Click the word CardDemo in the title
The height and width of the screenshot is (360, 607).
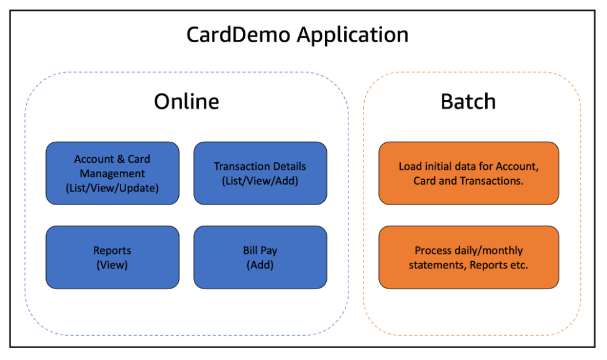click(239, 34)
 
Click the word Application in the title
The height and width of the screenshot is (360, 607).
click(352, 34)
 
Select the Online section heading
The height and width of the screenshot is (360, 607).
click(186, 101)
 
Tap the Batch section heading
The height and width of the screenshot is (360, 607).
click(468, 101)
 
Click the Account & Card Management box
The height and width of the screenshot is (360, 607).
click(112, 173)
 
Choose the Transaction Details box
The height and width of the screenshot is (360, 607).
click(260, 173)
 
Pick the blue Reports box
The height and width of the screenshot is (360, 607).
click(112, 257)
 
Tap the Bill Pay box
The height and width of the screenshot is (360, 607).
click(260, 257)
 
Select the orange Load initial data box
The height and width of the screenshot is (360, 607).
click(468, 173)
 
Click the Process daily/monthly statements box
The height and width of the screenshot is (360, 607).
click(468, 257)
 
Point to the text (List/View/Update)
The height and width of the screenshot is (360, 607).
click(112, 188)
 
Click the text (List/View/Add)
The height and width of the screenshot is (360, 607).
click(260, 181)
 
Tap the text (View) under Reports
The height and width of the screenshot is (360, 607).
click(112, 265)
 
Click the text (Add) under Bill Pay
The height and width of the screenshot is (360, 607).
click(260, 265)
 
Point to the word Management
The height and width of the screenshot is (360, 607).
click(112, 173)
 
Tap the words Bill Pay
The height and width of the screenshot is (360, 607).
click(260, 251)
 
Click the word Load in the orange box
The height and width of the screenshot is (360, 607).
click(409, 167)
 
